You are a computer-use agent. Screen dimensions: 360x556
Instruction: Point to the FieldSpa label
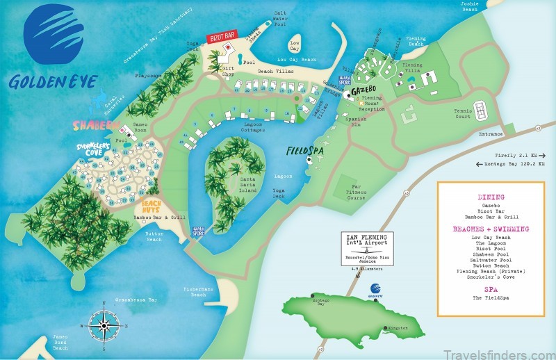[x=305, y=150]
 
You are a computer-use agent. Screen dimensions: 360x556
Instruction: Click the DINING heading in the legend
[x=491, y=197]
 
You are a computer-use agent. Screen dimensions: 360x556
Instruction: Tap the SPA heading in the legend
[x=491, y=288]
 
